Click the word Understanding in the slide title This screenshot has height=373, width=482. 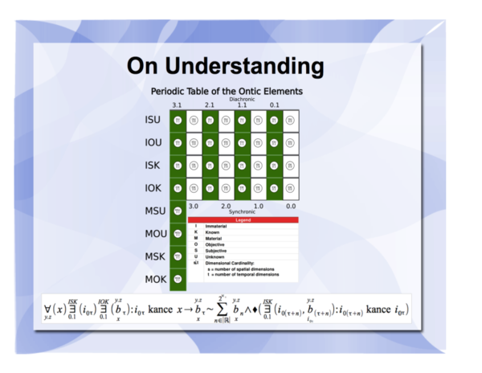pyautogui.click(x=256, y=64)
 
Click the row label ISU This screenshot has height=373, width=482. pyautogui.click(x=153, y=121)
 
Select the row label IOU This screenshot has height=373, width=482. pyautogui.click(x=153, y=143)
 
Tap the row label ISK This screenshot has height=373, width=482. pyautogui.click(x=153, y=166)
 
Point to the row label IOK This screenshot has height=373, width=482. pyautogui.click(x=153, y=188)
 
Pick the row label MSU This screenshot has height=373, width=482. pyautogui.click(x=154, y=211)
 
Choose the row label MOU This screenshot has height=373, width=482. pyautogui.click(x=154, y=234)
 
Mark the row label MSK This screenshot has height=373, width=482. pyautogui.click(x=154, y=256)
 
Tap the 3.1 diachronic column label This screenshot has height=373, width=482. pyautogui.click(x=177, y=105)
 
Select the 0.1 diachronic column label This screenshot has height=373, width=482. pyautogui.click(x=274, y=105)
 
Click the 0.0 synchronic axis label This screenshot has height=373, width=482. pyautogui.click(x=290, y=207)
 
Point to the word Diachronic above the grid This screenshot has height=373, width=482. pyautogui.click(x=241, y=99)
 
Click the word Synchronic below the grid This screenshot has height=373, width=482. pyautogui.click(x=242, y=212)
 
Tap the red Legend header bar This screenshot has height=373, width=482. pyautogui.click(x=243, y=219)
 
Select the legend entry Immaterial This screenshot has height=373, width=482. pyautogui.click(x=216, y=227)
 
